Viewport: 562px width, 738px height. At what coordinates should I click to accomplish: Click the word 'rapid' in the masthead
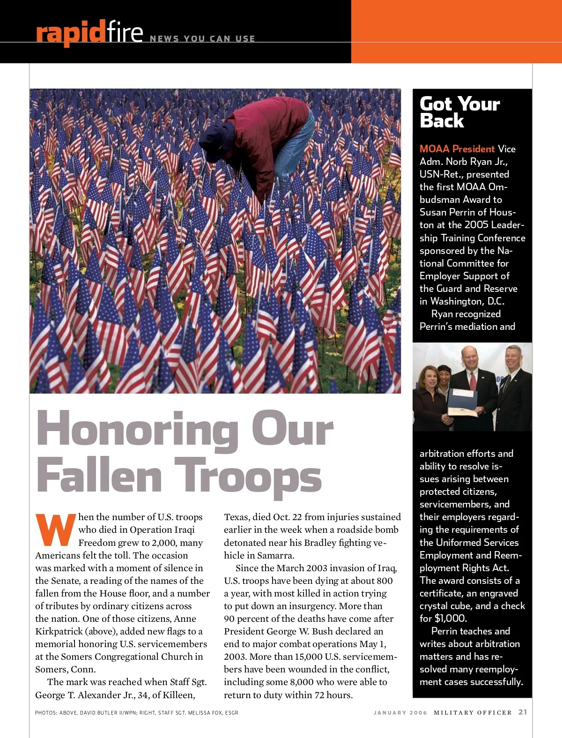click(x=70, y=33)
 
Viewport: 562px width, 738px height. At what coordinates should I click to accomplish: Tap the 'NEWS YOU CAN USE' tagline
click(x=202, y=39)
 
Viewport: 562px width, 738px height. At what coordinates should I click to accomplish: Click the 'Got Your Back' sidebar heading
click(x=459, y=112)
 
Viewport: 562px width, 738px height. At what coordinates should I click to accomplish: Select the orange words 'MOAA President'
click(x=457, y=149)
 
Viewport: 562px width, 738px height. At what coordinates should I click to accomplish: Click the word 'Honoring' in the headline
click(x=137, y=429)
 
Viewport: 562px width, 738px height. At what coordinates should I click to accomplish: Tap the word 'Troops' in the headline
click(x=248, y=476)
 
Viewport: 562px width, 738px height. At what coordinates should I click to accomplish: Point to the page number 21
click(x=523, y=712)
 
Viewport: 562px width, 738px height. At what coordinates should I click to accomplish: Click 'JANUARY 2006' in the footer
click(x=400, y=713)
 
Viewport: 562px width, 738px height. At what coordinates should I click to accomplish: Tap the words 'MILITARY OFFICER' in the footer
click(x=473, y=713)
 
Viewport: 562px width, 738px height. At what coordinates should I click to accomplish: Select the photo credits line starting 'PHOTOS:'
click(x=136, y=713)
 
